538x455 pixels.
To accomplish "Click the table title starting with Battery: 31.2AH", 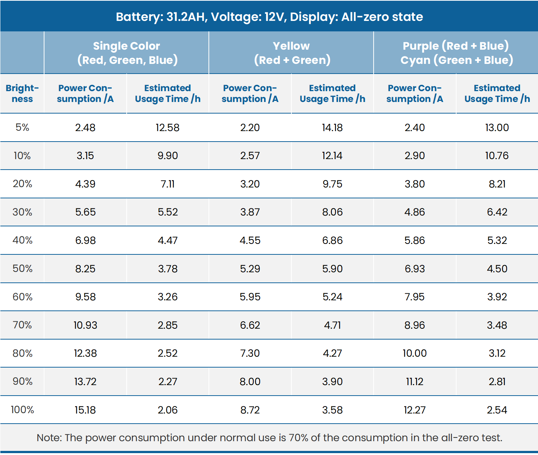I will tap(269, 17).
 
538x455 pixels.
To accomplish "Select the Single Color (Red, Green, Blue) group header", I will tap(127, 53).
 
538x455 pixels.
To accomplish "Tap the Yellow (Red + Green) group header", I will tap(291, 53).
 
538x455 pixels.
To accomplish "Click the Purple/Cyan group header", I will tap(456, 53).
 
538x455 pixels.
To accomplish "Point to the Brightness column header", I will tap(22, 93).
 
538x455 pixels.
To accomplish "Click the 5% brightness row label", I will tap(22, 127).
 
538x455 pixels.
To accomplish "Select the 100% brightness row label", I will tap(22, 410).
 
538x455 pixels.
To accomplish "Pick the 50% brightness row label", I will tap(22, 269).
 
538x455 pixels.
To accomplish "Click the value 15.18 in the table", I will tap(85, 410).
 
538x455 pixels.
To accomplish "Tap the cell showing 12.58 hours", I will tap(167, 127).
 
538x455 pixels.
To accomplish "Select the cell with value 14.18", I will tap(332, 127).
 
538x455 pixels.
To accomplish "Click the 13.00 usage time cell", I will tap(497, 127).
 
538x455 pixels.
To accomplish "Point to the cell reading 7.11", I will tap(167, 184).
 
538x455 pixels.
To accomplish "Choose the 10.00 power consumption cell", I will tap(414, 353).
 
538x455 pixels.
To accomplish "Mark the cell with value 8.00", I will tap(250, 381).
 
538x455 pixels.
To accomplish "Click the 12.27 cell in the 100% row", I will tap(414, 410).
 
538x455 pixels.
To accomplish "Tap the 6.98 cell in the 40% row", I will tap(85, 240).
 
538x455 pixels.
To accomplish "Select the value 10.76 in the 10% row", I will tap(497, 155).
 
